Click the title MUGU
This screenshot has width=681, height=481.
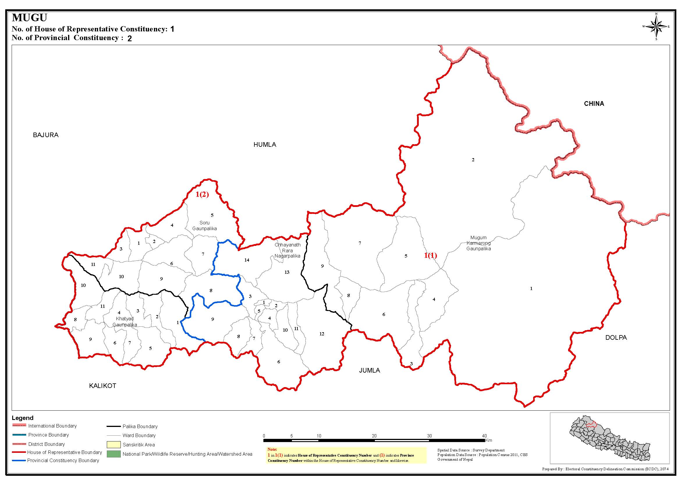tap(29, 18)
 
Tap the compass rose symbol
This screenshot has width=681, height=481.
tap(656, 27)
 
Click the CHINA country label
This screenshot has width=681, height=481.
tap(594, 104)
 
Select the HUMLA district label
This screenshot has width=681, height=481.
tap(265, 144)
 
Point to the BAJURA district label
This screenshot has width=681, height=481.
tap(46, 135)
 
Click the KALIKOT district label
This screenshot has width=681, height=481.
tap(103, 386)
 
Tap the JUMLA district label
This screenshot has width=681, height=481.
tap(369, 370)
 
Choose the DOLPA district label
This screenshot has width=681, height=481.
tap(616, 337)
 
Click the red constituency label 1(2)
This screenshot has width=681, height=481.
tap(202, 195)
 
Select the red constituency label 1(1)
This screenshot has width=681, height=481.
tap(430, 255)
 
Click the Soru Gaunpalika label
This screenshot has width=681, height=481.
tap(204, 226)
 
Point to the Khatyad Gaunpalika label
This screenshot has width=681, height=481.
tap(125, 322)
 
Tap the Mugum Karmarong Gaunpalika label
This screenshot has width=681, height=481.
tap(478, 243)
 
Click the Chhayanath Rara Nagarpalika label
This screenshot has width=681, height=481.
tap(287, 250)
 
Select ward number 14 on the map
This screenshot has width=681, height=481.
tap(247, 260)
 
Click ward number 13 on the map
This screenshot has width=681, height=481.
tap(287, 272)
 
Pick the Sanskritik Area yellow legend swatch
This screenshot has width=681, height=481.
tap(114, 445)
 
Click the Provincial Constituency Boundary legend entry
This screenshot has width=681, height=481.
tap(63, 460)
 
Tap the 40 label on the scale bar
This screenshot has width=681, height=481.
tap(484, 436)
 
